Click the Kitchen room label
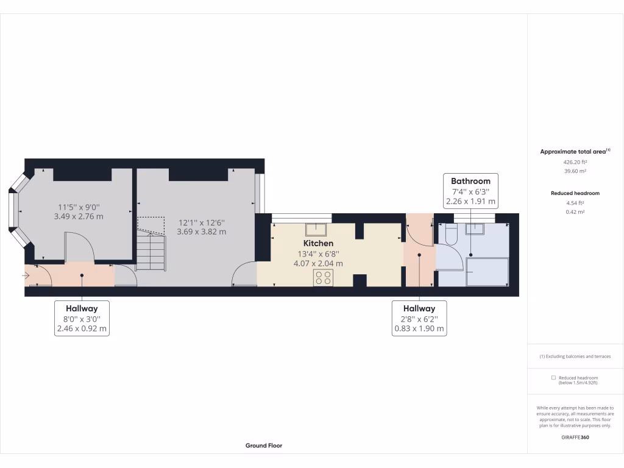coord(318,243)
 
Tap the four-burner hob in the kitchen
coord(323,277)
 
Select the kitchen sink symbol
coord(317,229)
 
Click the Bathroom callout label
coord(470,181)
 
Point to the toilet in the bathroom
coord(450,234)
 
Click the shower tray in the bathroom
coord(487,271)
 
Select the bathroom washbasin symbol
coord(474,229)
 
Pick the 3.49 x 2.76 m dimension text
coord(79,216)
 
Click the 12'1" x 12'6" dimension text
coord(201,222)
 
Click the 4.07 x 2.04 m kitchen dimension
coord(318,263)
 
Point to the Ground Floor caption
coord(264,445)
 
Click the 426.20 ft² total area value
coord(575,163)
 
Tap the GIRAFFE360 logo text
coord(575,437)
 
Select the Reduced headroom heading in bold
coord(575,193)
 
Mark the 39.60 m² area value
coord(575,172)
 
